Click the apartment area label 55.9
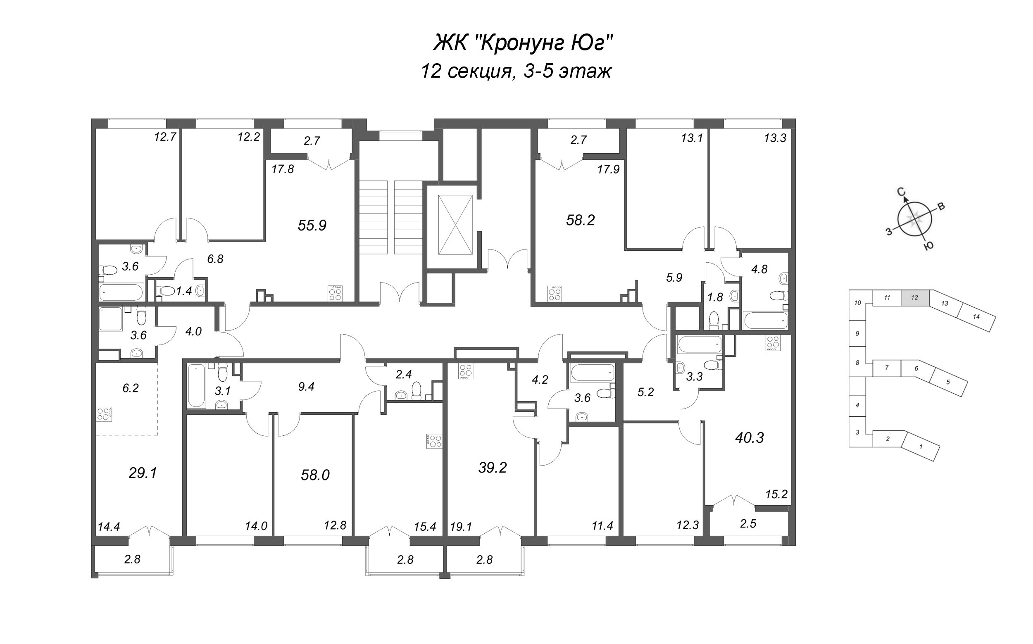[x=312, y=225]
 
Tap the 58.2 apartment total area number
[x=580, y=220]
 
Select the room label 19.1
[x=461, y=527]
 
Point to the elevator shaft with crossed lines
[x=455, y=224]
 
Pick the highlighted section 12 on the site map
[x=914, y=298]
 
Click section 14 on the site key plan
[x=976, y=316]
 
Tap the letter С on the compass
[x=901, y=192]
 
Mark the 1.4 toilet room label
[x=184, y=291]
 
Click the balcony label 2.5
[x=748, y=523]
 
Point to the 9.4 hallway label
[x=306, y=387]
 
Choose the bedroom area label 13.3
[x=775, y=138]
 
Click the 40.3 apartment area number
[x=750, y=437]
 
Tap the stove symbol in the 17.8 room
[x=335, y=293]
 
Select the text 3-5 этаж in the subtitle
[x=568, y=71]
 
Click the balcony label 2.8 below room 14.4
[x=132, y=559]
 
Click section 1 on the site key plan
[x=921, y=447]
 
